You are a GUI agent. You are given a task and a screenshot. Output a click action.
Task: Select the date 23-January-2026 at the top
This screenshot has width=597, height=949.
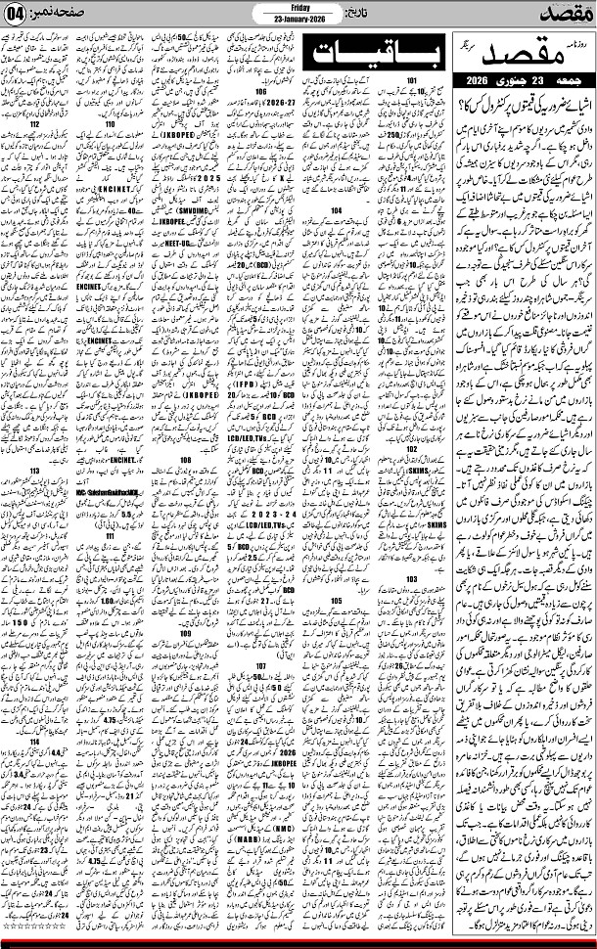tap(298, 19)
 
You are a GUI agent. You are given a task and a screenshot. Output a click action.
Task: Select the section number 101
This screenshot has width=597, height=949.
tap(412, 79)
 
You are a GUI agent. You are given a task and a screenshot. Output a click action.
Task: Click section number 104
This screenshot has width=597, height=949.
tap(336, 236)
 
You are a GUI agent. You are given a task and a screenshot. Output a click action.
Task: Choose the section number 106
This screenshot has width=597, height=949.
tap(260, 93)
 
